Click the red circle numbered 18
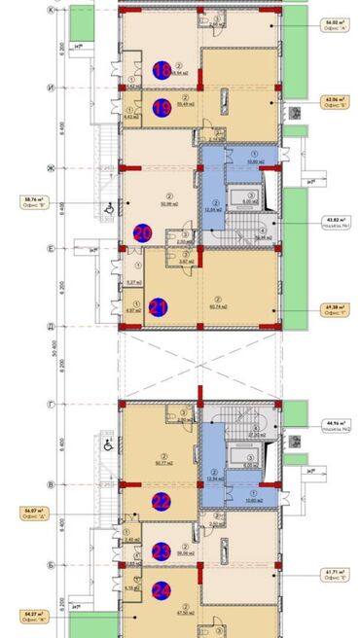[x=162, y=69]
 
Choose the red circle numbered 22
[x=162, y=502]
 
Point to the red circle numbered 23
[x=162, y=551]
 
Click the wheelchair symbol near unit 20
[x=106, y=205]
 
